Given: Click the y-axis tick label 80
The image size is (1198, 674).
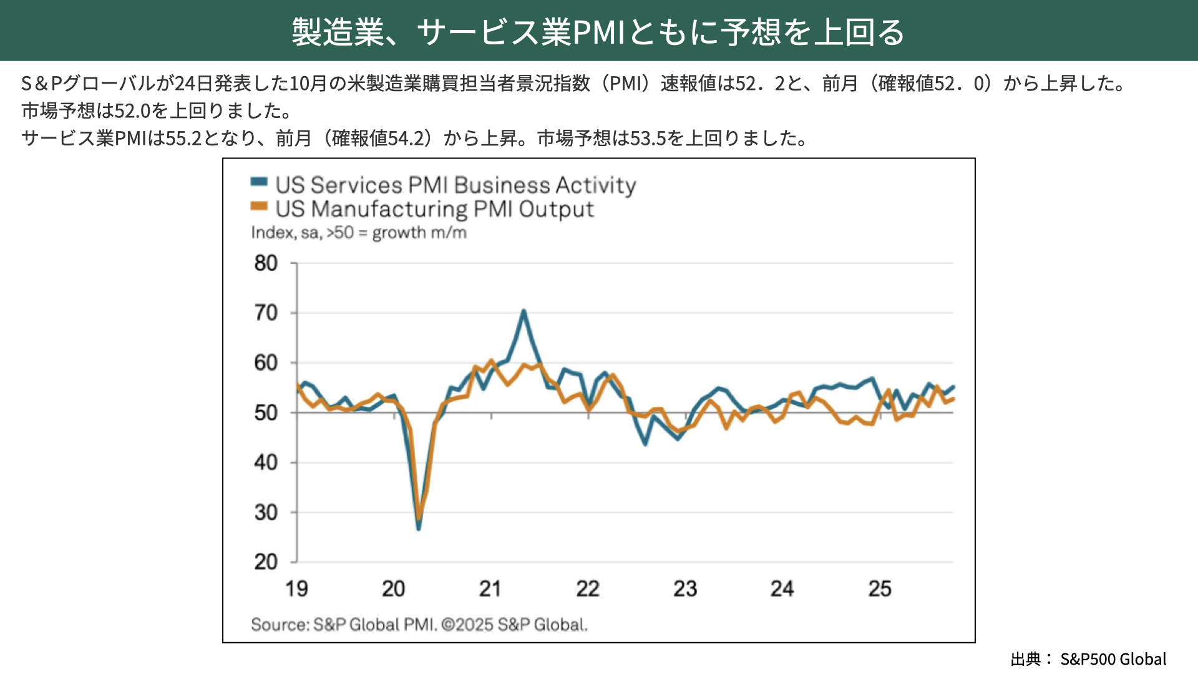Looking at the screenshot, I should [x=266, y=263].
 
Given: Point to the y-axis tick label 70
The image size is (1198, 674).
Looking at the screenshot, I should [x=266, y=313].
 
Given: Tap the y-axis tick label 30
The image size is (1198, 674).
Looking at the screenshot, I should [x=266, y=512].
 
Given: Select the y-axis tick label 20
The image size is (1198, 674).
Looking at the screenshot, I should [x=266, y=562].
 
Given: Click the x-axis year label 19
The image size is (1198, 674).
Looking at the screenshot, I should [x=296, y=589].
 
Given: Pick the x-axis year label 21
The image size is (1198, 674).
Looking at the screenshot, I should [x=490, y=589].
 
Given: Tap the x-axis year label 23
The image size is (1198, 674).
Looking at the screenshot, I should [x=685, y=589].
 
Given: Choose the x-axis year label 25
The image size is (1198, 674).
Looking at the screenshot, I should [x=880, y=589].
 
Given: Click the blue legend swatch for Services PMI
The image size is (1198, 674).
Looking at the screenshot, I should [x=259, y=182].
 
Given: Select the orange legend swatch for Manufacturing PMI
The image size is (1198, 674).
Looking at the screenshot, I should [x=259, y=207].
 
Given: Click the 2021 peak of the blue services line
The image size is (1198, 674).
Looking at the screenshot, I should [x=524, y=311].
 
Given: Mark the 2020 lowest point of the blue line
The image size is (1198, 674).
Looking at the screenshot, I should [x=418, y=529].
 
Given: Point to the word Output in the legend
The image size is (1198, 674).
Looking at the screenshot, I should [x=556, y=210].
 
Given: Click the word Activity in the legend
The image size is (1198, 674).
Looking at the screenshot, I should [x=596, y=185].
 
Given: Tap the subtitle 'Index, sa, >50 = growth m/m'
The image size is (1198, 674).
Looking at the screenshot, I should [x=359, y=233].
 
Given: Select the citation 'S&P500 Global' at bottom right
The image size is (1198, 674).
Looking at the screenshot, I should [x=1113, y=659].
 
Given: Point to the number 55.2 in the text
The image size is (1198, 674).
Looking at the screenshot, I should [x=184, y=138].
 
